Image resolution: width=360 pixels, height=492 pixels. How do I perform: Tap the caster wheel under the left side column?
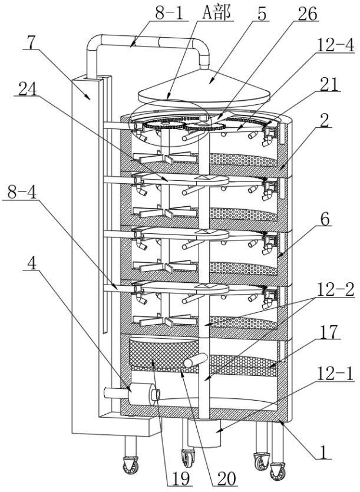[130, 466]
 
